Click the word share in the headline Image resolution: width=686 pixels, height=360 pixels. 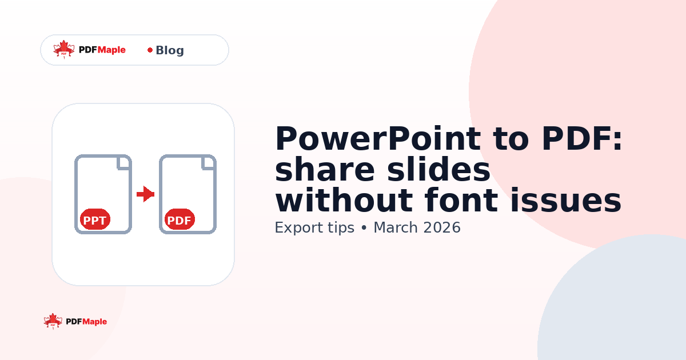tap(321, 170)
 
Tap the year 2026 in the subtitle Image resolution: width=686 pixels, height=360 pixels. tap(442, 227)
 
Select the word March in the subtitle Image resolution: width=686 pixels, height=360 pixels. tap(396, 227)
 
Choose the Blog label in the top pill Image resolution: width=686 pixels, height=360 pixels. tap(170, 50)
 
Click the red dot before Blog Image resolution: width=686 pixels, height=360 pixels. tap(150, 50)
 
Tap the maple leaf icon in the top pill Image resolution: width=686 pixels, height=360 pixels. tap(64, 49)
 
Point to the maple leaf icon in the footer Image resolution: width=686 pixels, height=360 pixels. tap(53, 321)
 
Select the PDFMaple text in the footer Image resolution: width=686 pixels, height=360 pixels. tap(86, 322)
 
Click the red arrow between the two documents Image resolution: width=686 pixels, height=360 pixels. tap(146, 194)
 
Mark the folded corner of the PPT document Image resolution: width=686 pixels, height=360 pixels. tap(124, 162)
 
